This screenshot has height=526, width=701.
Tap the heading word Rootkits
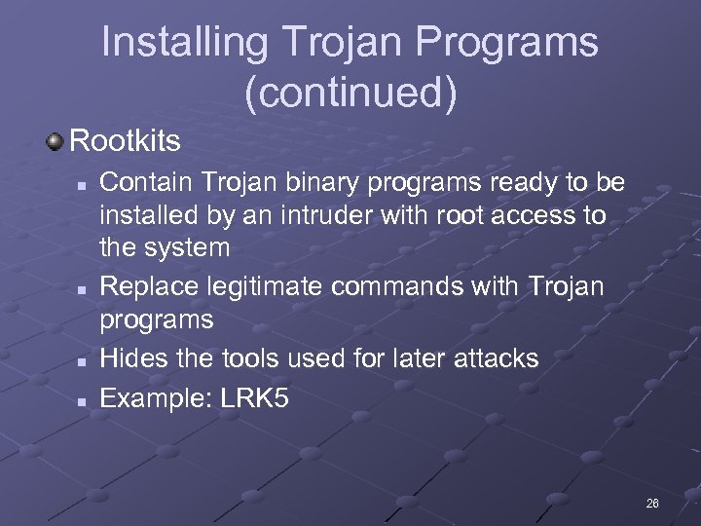[x=126, y=141]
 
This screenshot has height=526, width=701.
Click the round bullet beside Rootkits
[x=55, y=141]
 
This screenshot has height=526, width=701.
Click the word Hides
[x=130, y=358]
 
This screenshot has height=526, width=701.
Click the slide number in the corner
[x=651, y=504]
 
